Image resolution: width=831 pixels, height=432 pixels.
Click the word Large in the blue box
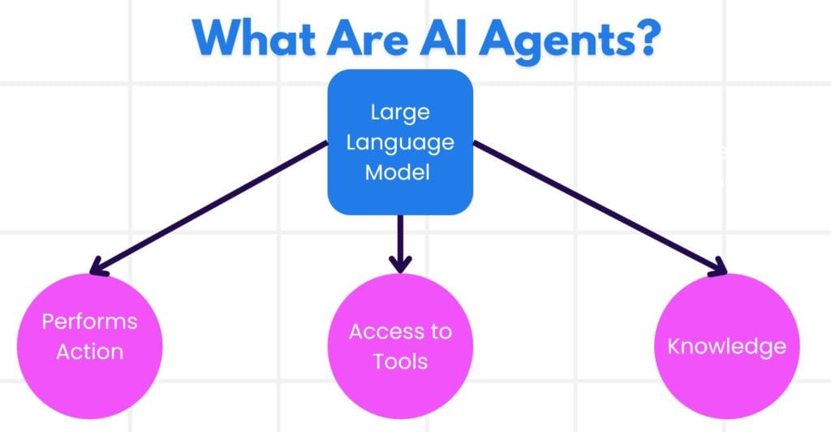(x=399, y=112)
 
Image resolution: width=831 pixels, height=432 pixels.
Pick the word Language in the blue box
(x=400, y=143)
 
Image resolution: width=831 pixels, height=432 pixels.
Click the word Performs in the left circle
(x=89, y=322)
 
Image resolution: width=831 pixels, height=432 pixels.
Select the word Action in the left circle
(x=89, y=352)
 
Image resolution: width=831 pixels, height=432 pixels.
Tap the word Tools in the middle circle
(x=400, y=361)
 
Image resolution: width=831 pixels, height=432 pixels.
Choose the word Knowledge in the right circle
(x=726, y=346)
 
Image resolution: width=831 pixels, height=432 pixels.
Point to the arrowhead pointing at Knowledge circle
(x=714, y=268)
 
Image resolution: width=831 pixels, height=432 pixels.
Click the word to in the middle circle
(x=441, y=331)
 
